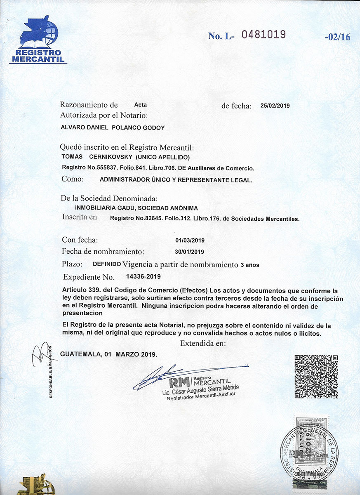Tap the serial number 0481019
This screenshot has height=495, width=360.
(264, 35)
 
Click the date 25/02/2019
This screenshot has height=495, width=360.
(275, 106)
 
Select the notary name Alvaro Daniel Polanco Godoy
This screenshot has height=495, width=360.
(113, 128)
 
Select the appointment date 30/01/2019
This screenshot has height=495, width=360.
(190, 252)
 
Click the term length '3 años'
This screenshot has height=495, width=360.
(250, 265)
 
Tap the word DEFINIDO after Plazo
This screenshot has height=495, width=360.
(107, 264)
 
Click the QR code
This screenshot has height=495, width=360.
(316, 376)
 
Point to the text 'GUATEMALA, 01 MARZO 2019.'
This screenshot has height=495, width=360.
(108, 354)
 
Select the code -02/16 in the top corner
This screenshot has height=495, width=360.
(337, 37)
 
